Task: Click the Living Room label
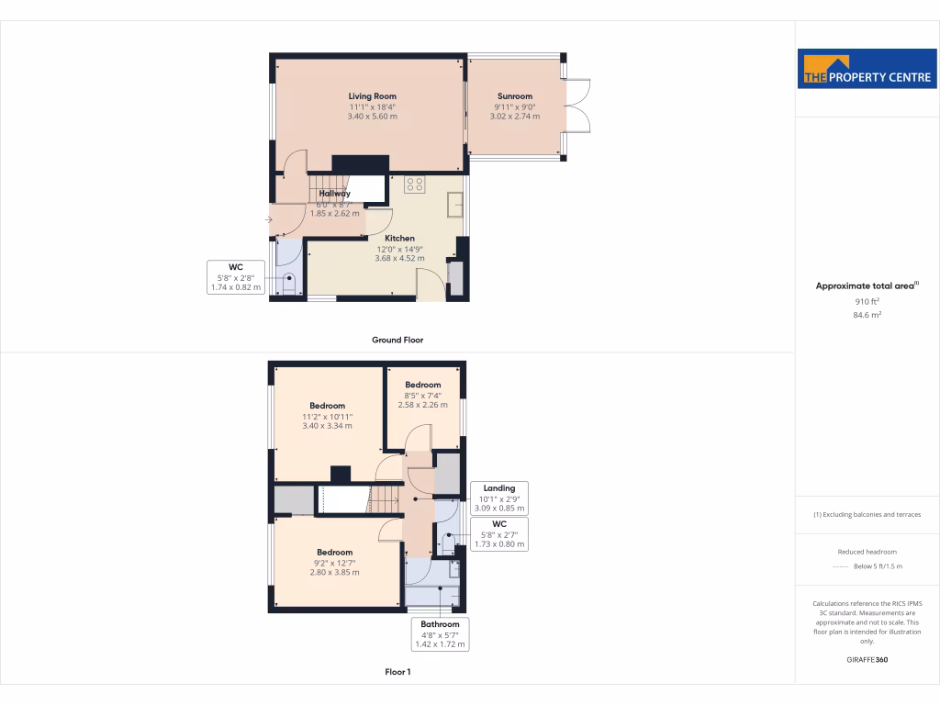(x=372, y=95)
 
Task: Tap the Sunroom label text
(x=514, y=96)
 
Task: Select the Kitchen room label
(x=399, y=238)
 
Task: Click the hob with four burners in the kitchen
(x=415, y=184)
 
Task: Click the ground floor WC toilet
(x=290, y=283)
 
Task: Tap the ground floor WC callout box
(x=235, y=277)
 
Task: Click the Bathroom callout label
(x=440, y=634)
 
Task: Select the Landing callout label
(x=498, y=498)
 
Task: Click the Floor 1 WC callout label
(x=498, y=533)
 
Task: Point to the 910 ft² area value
(x=867, y=301)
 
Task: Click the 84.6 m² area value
(x=867, y=315)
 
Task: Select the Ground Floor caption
(x=397, y=340)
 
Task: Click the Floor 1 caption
(x=397, y=672)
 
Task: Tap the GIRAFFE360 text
(x=867, y=660)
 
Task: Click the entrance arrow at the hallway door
(x=268, y=219)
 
